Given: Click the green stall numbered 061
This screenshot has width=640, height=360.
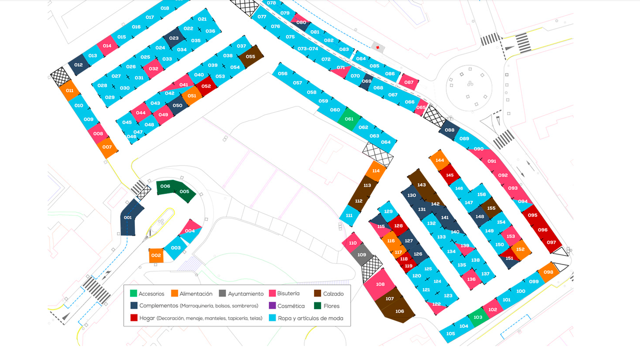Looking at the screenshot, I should pos(349,119).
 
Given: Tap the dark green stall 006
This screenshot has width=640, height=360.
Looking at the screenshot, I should pos(165,187).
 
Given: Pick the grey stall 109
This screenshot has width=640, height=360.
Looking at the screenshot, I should pos(362,255).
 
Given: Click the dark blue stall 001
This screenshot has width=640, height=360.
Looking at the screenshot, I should pos(129,218).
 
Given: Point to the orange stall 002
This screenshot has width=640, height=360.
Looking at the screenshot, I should pos(156,255).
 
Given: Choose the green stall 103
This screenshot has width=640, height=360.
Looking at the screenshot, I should pos(478,317).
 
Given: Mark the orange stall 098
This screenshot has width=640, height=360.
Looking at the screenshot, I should pos(548,272).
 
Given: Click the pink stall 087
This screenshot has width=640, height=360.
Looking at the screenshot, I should pos(409,82).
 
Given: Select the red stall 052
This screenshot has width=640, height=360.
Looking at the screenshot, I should pos(206,86).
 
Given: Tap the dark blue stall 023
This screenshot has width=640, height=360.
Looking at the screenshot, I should pos(174,38).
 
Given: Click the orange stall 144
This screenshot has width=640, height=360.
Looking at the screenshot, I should pos(440,160).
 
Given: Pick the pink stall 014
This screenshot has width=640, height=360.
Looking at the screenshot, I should pos(107,46).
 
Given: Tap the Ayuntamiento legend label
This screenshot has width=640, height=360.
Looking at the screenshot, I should pos(245,294).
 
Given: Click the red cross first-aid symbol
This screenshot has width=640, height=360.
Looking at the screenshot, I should pos(378,47).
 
